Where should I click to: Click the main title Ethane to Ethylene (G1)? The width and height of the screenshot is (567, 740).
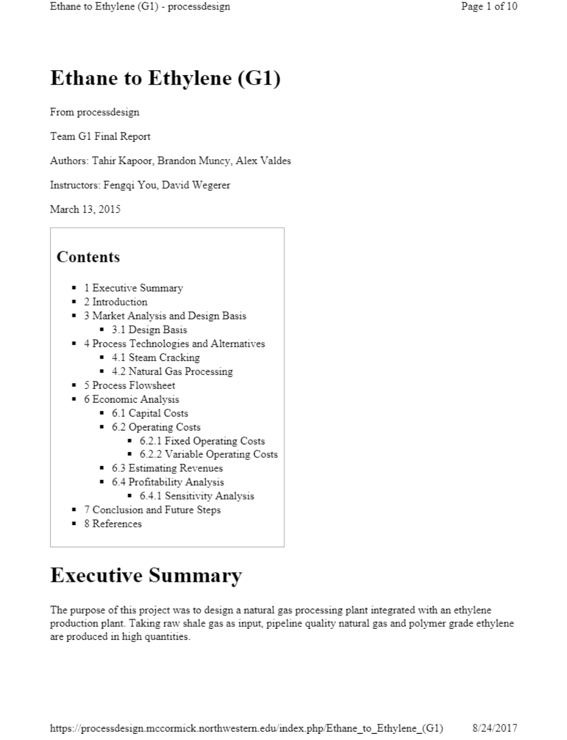[x=165, y=78]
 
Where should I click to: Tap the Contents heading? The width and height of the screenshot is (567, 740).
[x=88, y=257]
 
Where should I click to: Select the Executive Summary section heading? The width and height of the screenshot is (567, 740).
[x=146, y=575]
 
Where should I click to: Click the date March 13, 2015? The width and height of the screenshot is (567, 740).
[x=85, y=209]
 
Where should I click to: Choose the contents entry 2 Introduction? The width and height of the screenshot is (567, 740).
[x=116, y=302]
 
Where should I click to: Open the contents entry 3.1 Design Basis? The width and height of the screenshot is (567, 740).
[x=149, y=330]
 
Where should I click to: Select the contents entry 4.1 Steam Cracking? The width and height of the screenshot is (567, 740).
[x=155, y=357]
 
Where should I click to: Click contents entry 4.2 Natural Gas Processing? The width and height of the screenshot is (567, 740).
[x=172, y=371]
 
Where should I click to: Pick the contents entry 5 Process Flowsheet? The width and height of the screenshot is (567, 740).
[x=129, y=385]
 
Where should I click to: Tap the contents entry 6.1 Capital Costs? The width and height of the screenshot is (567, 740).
[x=150, y=413]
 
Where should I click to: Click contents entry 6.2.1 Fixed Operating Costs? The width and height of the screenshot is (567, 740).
[x=202, y=441]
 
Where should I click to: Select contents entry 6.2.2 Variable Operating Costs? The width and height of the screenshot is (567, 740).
[x=208, y=454]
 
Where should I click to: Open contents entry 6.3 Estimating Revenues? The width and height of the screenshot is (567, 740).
[x=167, y=468]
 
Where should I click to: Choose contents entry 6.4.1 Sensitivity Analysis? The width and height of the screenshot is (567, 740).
[x=196, y=496]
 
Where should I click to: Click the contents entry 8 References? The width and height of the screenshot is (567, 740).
[x=113, y=524]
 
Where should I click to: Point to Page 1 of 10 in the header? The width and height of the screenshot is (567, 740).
[x=489, y=7]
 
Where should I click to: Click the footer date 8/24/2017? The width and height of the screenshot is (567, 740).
[x=495, y=728]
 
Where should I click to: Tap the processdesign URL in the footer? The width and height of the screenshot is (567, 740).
[x=246, y=728]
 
